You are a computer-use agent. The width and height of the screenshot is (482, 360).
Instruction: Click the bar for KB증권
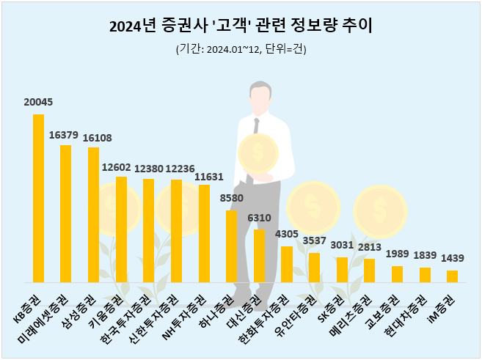pos(38,198)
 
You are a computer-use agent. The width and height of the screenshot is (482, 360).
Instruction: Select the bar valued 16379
pos(65,213)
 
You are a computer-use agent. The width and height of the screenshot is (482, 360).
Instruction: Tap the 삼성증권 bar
pos(93,215)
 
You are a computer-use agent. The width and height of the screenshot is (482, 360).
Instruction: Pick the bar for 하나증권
pos(231,246)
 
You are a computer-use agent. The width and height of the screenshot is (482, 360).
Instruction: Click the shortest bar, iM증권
pos(452,276)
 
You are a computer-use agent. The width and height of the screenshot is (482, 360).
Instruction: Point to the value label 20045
pos(38,102)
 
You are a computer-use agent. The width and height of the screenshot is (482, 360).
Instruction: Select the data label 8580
pos(231,199)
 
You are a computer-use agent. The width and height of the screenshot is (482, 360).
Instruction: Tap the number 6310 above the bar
pos(259,218)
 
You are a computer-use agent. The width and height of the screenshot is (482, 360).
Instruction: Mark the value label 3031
pos(342,246)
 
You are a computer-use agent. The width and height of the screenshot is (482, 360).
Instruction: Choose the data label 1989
pos(397,254)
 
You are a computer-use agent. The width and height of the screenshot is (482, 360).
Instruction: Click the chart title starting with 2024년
pos(241,27)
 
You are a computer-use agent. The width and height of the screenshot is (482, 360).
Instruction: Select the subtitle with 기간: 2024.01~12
pos(241,50)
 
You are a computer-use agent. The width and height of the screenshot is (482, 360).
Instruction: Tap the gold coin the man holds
pos(258,154)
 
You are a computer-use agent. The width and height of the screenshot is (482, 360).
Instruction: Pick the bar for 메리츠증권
pos(369,270)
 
